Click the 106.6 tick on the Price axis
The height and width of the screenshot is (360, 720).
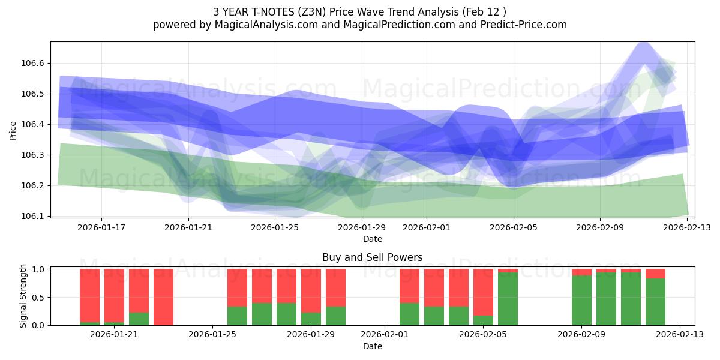(34, 63)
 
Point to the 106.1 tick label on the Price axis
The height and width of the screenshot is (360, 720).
(34, 216)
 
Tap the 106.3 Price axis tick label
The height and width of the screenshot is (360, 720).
(34, 155)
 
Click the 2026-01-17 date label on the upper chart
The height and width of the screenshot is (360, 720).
(101, 227)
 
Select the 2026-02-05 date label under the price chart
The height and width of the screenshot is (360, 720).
(514, 227)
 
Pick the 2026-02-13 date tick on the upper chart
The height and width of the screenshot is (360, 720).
(688, 227)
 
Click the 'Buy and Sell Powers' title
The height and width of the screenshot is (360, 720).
(372, 257)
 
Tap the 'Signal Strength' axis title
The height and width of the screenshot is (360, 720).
(23, 296)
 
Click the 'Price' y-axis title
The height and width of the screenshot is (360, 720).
(13, 130)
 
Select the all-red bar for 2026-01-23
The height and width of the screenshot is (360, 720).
(163, 297)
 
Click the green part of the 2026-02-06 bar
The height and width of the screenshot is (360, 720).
(508, 299)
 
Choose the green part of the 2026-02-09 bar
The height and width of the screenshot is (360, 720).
(581, 300)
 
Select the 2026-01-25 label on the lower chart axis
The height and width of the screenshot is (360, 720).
(213, 335)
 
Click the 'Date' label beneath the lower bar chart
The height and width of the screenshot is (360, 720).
(372, 346)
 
